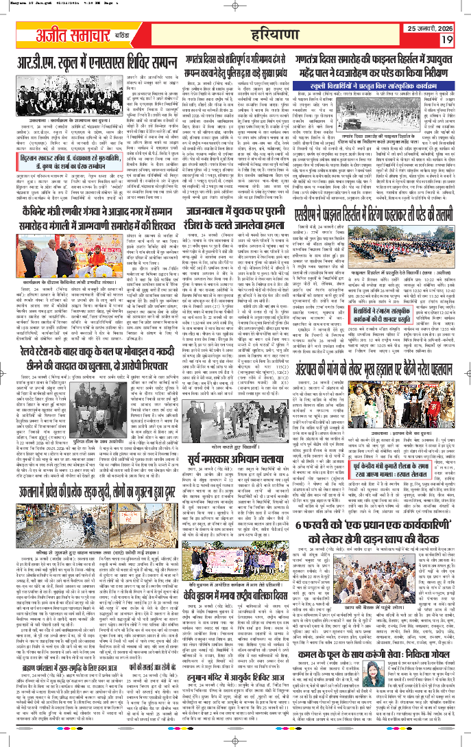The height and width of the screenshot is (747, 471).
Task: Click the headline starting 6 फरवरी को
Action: [x=387, y=587]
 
